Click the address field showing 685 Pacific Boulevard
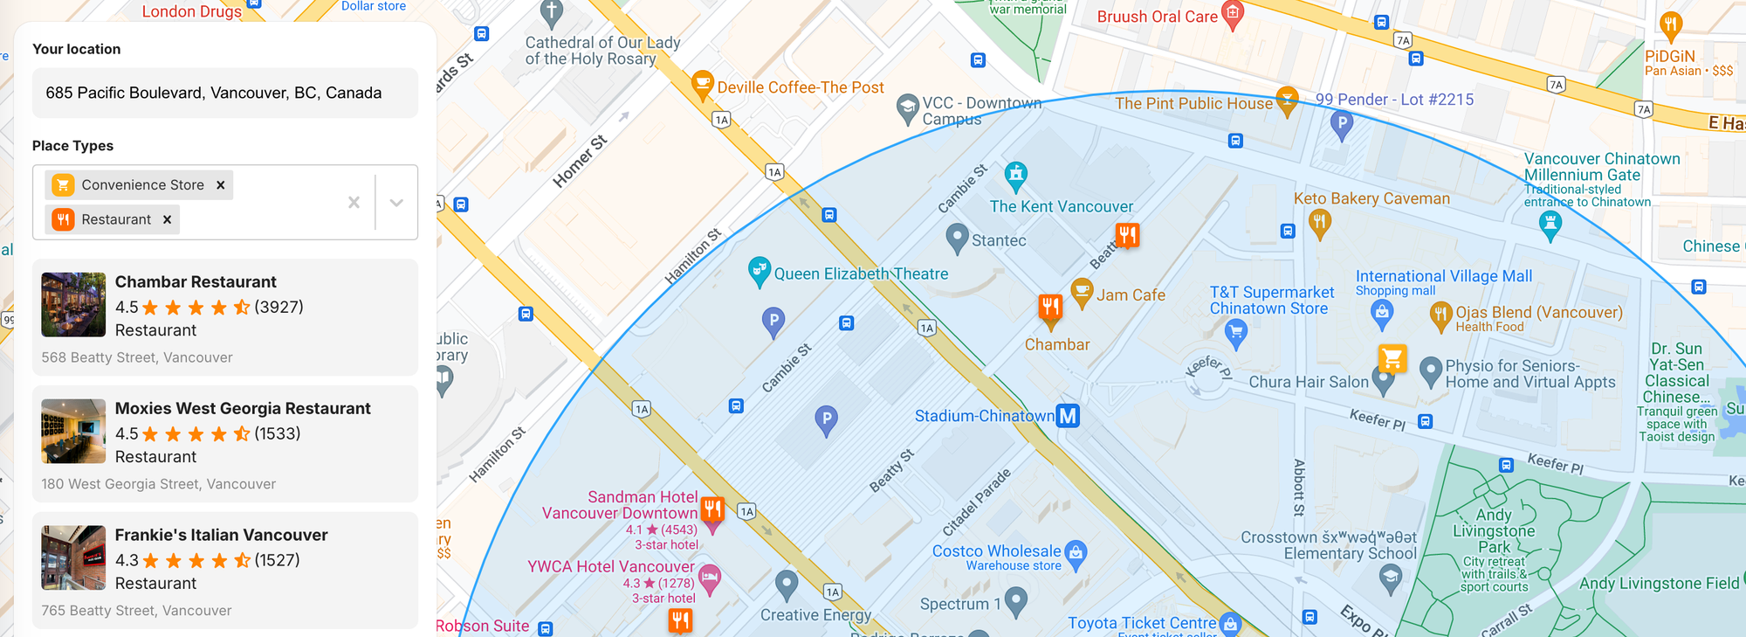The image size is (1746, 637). [x=224, y=93]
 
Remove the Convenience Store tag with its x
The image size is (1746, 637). [x=221, y=185]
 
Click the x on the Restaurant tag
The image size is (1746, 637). [x=168, y=219]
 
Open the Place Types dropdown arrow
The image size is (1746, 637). [x=396, y=203]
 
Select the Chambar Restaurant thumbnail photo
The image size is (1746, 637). [x=73, y=305]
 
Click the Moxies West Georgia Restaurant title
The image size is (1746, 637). [x=243, y=408]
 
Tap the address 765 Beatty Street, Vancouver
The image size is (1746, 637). [x=136, y=611]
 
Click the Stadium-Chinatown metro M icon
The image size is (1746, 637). [x=1068, y=416]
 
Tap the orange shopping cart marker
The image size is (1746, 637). [x=1392, y=358]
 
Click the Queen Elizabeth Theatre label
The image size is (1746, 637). [x=861, y=273]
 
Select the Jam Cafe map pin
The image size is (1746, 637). [x=1083, y=292]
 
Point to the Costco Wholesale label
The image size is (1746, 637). [x=996, y=551]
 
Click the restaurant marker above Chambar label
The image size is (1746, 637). [x=1050, y=308]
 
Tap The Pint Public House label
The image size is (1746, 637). [x=1193, y=103]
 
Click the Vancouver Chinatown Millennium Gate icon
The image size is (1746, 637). [x=1550, y=225]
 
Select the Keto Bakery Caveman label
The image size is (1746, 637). [x=1371, y=198]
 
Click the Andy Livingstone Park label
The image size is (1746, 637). [x=1494, y=530]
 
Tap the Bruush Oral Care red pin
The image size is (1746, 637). [x=1233, y=14]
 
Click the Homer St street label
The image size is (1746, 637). [x=580, y=161]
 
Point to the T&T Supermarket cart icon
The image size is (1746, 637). [x=1235, y=331]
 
